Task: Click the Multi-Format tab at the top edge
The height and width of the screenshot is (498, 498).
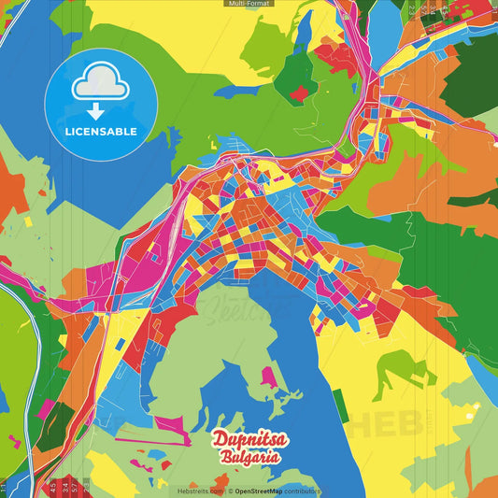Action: pos(249,4)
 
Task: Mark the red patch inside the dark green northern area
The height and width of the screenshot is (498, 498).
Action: pos(299,92)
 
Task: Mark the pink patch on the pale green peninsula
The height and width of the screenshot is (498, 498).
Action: pos(268,377)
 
